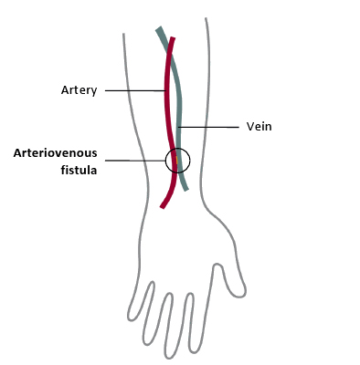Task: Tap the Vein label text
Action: [259, 126]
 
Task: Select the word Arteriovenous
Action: [56, 153]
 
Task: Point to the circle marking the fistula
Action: [177, 161]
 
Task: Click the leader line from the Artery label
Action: [135, 90]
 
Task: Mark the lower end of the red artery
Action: [162, 207]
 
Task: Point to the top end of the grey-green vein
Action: [158, 29]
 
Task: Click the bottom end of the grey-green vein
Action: [186, 189]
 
